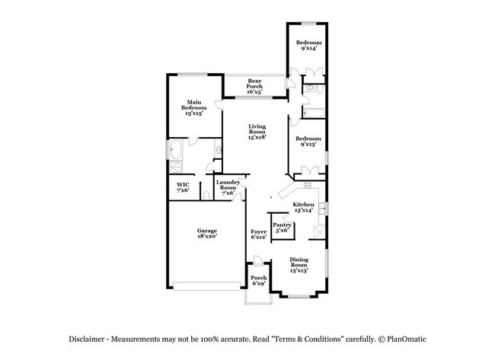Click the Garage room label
[207, 234]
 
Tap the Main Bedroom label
[193, 107]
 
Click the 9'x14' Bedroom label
[308, 45]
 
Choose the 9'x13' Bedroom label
[308, 142]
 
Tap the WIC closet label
[182, 187]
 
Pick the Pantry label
[281, 228]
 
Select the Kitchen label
[304, 208]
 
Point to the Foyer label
[259, 234]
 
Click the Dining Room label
[299, 265]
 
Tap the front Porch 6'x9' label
[259, 281]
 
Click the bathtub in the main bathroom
[177, 149]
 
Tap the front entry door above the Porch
[255, 268]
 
